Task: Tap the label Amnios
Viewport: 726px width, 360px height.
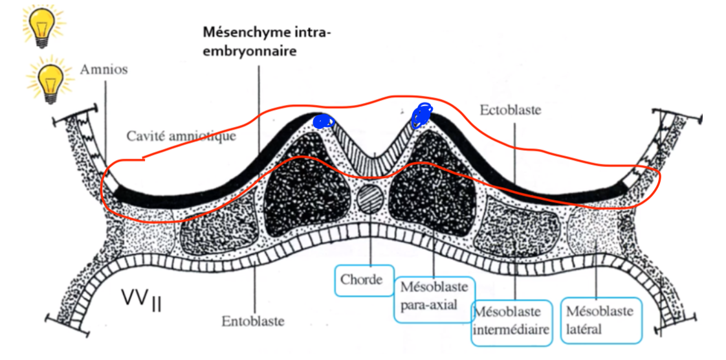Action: point(104,69)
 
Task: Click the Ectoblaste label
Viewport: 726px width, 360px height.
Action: point(510,110)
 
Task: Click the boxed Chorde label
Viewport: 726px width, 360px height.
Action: point(364,280)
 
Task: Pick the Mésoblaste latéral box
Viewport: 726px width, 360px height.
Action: point(601,320)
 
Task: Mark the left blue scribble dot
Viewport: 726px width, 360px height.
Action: point(322,122)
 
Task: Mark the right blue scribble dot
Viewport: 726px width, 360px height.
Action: point(422,115)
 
